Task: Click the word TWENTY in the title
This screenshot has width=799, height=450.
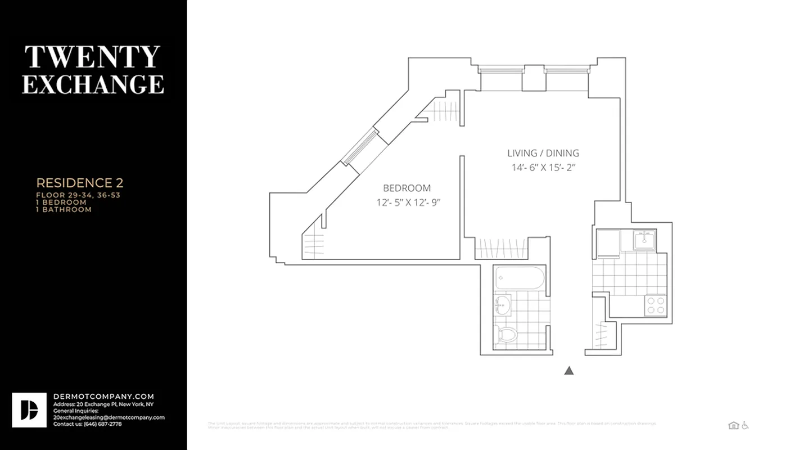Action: click(93, 57)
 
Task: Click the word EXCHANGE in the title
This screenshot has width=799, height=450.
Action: click(93, 84)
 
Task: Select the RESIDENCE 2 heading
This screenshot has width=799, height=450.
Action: click(80, 183)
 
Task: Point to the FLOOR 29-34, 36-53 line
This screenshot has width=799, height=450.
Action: click(78, 195)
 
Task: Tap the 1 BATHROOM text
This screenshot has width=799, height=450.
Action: click(64, 209)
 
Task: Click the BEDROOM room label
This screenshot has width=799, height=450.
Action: click(407, 188)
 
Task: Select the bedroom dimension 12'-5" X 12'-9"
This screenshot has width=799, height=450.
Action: click(408, 202)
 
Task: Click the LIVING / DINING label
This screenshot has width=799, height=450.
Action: click(543, 153)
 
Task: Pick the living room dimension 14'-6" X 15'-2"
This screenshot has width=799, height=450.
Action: click(543, 167)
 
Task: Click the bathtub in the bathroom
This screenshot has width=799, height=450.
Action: click(520, 277)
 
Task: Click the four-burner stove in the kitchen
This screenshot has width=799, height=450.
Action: click(655, 305)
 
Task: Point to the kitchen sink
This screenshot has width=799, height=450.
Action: click(644, 240)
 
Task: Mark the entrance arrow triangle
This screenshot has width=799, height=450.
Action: click(569, 371)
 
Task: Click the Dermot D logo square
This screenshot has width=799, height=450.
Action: click(29, 410)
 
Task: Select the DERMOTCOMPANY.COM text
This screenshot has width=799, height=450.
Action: click(103, 397)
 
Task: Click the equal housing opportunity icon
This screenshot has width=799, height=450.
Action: click(733, 426)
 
